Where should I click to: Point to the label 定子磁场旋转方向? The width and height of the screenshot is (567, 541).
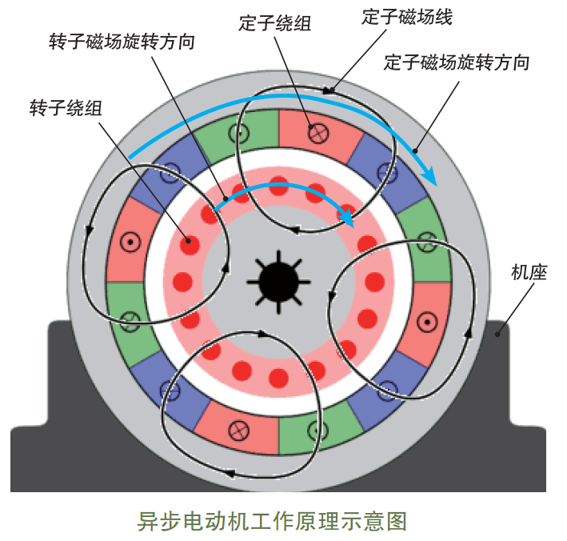(457, 62)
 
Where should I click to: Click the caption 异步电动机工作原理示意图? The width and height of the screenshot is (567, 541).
(273, 520)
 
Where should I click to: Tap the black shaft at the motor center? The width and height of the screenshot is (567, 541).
(278, 279)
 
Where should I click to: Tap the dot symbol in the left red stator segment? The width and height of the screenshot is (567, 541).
(128, 240)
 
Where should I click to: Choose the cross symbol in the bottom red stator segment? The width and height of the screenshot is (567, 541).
(237, 429)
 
